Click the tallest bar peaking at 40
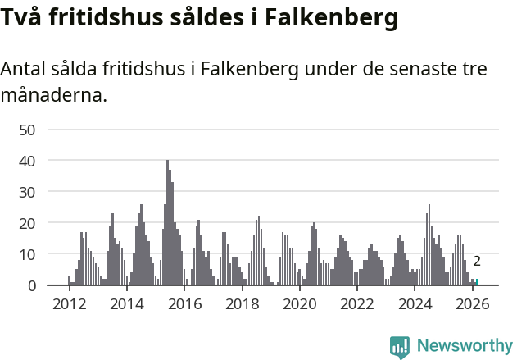tap(167, 223)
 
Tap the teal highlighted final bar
tap(477, 282)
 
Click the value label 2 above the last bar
tap(477, 262)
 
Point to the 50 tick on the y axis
tap(28, 130)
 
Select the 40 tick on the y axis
tap(28, 161)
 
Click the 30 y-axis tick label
tap(28, 192)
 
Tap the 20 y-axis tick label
tap(28, 223)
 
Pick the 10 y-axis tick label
tap(28, 254)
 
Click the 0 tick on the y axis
tap(32, 285)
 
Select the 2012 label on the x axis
tap(69, 303)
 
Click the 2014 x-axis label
tap(126, 303)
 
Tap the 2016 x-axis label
tap(184, 303)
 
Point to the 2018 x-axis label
tap(242, 303)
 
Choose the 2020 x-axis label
tap(299, 303)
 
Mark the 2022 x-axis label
tap(357, 303)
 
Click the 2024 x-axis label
tap(415, 303)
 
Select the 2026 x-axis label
tap(472, 303)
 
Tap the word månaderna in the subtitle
tap(53, 95)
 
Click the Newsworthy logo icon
tap(400, 347)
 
